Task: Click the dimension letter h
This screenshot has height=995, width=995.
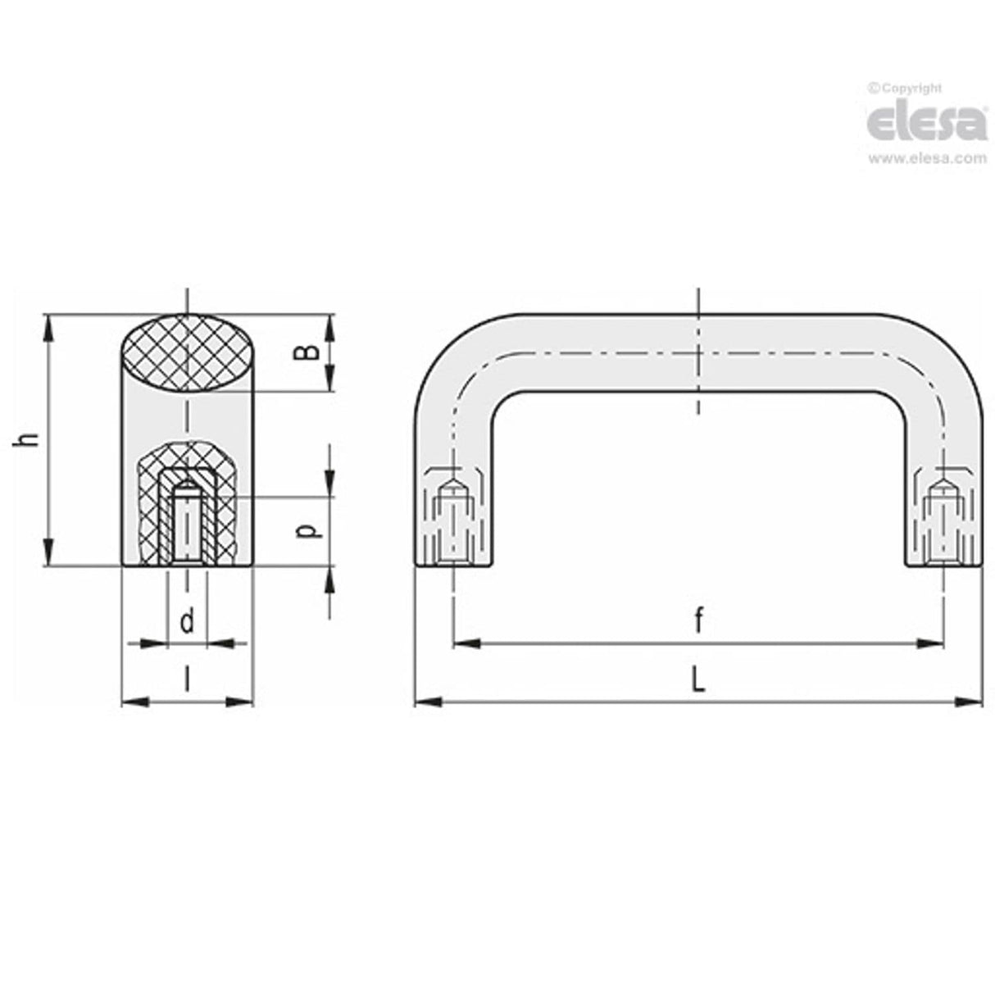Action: [x=30, y=440]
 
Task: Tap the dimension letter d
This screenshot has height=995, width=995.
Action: [x=188, y=623]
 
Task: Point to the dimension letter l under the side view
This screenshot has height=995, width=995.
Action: [x=188, y=679]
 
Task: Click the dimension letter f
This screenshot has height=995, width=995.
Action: [x=698, y=623]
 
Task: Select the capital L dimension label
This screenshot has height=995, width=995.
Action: [x=698, y=680]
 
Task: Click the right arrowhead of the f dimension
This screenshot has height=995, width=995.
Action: [x=931, y=644]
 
